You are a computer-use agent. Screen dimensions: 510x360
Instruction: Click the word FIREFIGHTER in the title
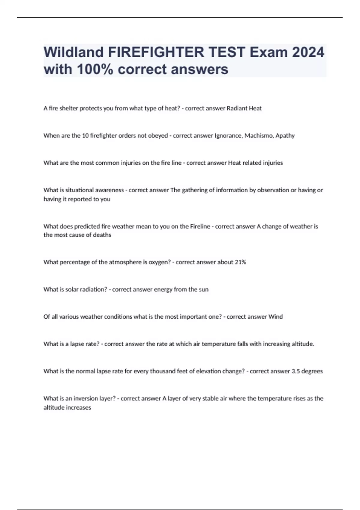click(x=156, y=52)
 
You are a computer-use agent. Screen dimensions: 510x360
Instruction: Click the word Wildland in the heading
click(x=73, y=52)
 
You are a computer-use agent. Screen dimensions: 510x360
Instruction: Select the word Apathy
click(x=285, y=136)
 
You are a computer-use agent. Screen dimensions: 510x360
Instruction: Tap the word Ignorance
click(x=228, y=136)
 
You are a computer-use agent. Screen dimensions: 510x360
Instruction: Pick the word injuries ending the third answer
click(x=273, y=163)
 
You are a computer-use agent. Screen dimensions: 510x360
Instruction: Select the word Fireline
click(x=200, y=226)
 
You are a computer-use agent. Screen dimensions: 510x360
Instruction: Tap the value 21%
click(x=240, y=262)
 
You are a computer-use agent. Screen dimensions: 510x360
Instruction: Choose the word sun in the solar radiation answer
click(x=204, y=289)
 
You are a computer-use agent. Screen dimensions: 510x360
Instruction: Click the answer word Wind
click(x=275, y=317)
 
